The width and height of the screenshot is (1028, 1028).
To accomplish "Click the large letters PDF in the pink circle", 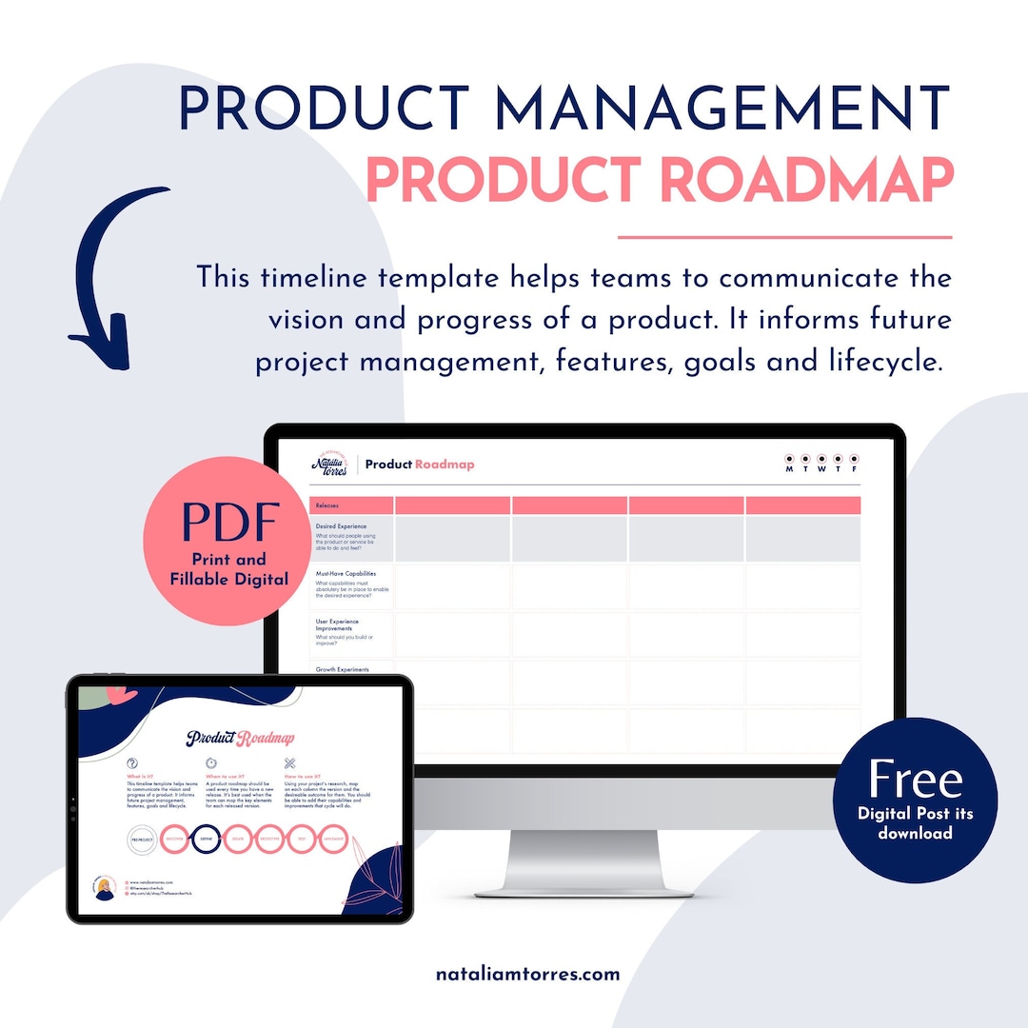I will (229, 522).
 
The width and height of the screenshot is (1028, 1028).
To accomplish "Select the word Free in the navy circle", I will (915, 780).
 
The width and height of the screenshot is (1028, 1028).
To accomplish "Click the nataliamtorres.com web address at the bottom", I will (527, 974).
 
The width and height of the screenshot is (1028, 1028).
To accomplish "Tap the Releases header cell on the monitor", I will (350, 505).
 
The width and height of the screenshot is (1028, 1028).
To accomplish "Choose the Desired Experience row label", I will (350, 525).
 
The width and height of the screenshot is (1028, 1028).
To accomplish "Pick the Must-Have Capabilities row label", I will (350, 574).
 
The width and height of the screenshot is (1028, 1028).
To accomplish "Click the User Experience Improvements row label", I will (350, 625).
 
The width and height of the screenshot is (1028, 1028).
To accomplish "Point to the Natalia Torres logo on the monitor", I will (329, 464).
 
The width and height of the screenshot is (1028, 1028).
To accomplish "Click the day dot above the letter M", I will (789, 460).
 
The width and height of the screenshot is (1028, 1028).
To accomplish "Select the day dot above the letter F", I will (854, 460).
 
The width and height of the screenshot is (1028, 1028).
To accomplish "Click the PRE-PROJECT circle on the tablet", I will (143, 840).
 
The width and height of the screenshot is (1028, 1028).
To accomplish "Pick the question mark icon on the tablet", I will (132, 763).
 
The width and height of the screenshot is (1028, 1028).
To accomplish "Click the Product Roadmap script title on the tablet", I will (240, 738).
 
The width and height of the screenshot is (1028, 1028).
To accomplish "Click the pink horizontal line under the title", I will (784, 237).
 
